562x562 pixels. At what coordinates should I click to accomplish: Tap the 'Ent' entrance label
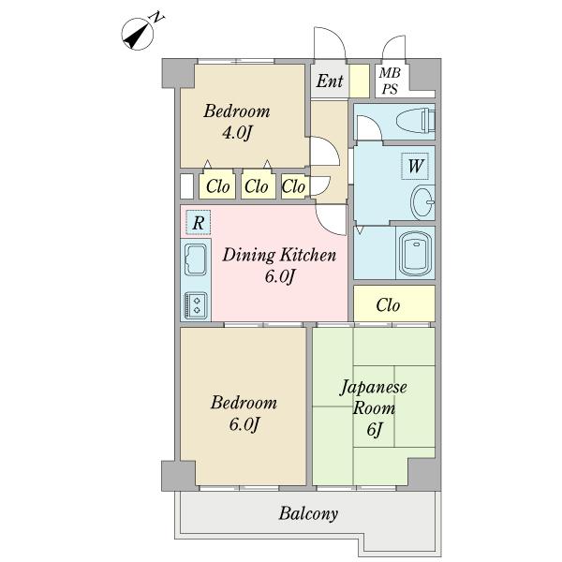329,81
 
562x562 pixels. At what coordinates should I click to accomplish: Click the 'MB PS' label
389,81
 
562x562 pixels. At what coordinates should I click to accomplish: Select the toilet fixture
413,120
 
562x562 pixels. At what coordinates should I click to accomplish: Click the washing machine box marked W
416,167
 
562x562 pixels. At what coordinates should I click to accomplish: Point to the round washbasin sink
423,200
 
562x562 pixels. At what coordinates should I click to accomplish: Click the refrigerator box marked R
198,223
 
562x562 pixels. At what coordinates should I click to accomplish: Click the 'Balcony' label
307,513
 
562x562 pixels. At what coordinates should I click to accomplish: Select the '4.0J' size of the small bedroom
236,133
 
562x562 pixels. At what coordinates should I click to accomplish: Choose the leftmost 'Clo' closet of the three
217,185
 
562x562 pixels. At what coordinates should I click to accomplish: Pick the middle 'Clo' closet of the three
256,185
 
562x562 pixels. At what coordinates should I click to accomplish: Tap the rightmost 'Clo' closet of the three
293,185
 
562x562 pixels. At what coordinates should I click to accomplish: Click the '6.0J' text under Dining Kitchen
278,276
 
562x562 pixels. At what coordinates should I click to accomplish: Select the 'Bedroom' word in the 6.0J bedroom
243,403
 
